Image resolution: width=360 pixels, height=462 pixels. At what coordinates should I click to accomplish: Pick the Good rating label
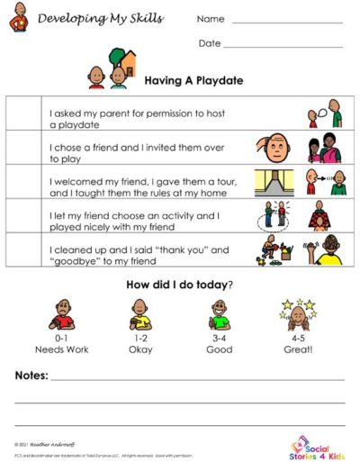220,347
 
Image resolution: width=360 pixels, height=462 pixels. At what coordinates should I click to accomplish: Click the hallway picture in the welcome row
273,183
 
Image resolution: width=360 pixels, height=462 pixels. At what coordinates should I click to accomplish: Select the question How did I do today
180,285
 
